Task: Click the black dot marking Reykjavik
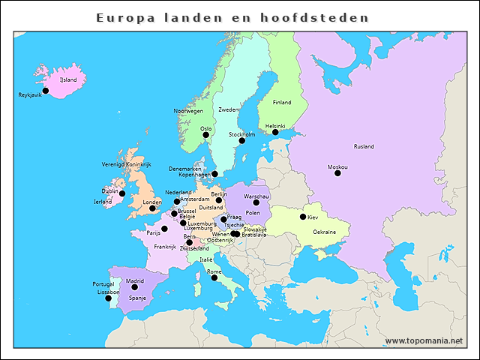[x=45, y=91]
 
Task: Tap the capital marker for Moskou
[x=337, y=173]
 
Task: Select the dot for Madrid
[x=135, y=287]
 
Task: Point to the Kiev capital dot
[x=303, y=217]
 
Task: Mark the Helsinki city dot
[x=275, y=133]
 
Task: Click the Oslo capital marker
[x=205, y=135]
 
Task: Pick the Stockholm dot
[x=241, y=141]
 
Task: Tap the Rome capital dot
[x=214, y=278]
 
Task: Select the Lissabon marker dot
[x=108, y=298]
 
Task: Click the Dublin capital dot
[x=122, y=193]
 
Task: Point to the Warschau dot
[x=256, y=202]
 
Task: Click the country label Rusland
[x=364, y=146]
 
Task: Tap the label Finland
[x=282, y=102]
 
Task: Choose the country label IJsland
[x=67, y=79]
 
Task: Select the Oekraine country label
[x=324, y=232]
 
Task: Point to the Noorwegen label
[x=188, y=110]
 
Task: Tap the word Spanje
[x=137, y=298]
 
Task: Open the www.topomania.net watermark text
[x=424, y=340]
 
